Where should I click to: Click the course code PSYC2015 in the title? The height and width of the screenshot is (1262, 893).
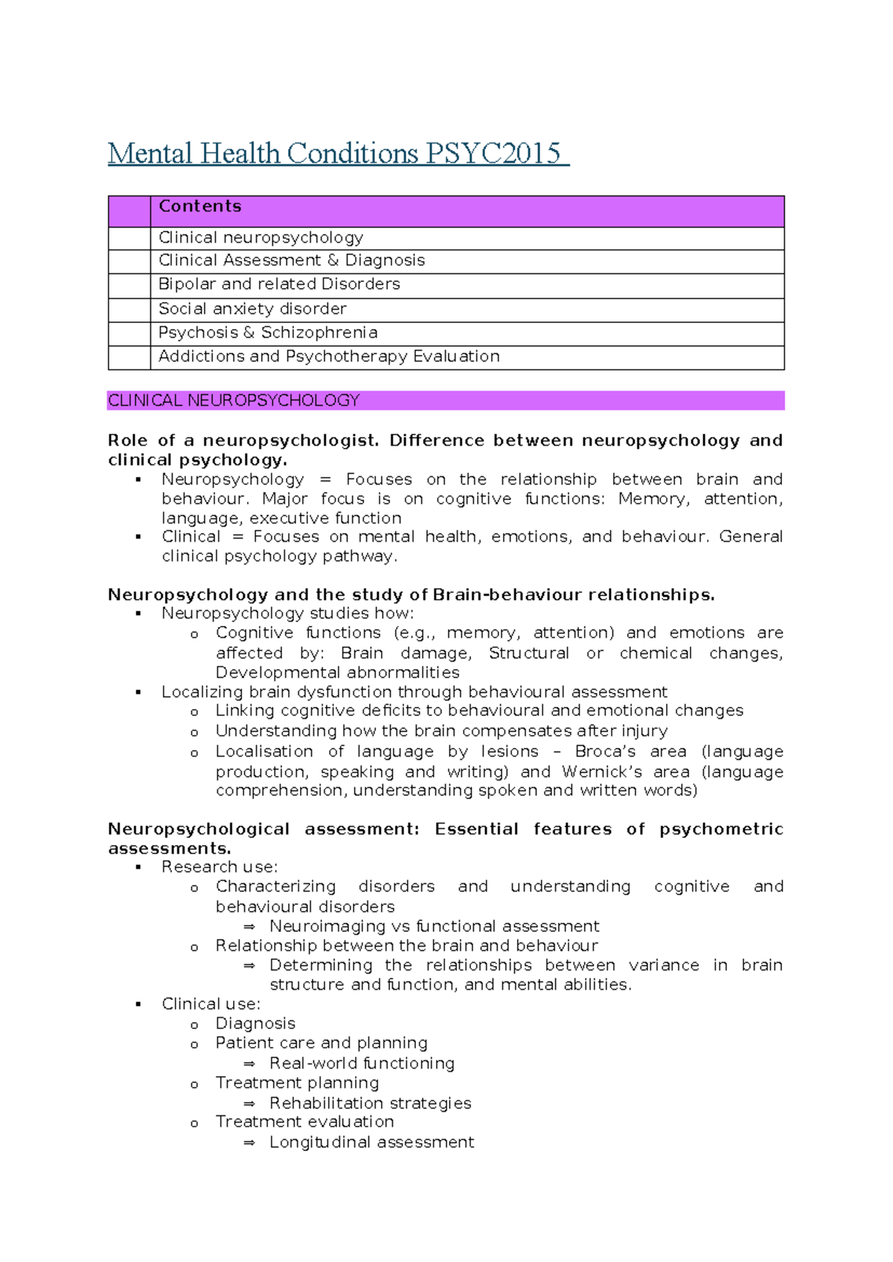(x=493, y=154)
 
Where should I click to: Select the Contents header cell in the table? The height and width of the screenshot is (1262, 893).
(x=200, y=207)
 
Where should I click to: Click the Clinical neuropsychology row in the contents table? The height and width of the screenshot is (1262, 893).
(x=260, y=238)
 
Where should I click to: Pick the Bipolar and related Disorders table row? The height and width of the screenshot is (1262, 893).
(x=279, y=284)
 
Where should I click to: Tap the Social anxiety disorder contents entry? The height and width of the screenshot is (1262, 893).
(x=252, y=309)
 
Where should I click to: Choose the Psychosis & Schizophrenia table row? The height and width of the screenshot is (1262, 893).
(x=268, y=333)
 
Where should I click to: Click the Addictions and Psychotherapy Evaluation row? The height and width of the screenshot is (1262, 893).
(x=329, y=356)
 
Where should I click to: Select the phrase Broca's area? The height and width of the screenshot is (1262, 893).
(x=630, y=752)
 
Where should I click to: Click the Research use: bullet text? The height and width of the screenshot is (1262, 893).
(x=220, y=867)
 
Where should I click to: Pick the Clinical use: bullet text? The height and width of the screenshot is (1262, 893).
(x=211, y=1004)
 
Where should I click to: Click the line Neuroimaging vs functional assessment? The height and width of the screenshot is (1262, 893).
(x=434, y=926)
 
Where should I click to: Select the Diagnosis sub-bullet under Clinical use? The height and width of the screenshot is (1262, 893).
(x=255, y=1024)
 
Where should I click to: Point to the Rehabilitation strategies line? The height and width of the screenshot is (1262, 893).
(x=370, y=1103)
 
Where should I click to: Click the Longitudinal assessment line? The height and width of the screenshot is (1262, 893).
(x=371, y=1142)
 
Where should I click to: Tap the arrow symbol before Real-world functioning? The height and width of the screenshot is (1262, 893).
(x=249, y=1064)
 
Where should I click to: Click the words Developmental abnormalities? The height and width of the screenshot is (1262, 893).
(x=337, y=673)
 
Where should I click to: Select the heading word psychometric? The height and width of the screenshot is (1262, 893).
(x=720, y=829)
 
